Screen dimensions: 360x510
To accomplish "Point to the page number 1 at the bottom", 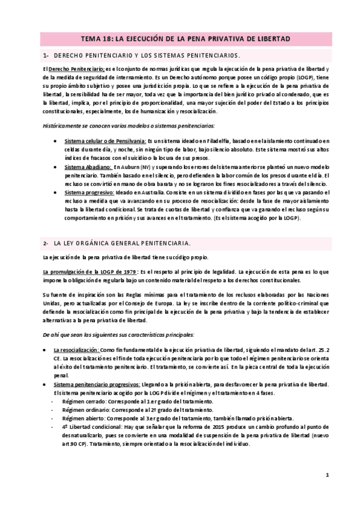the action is (x=328, y=475).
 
